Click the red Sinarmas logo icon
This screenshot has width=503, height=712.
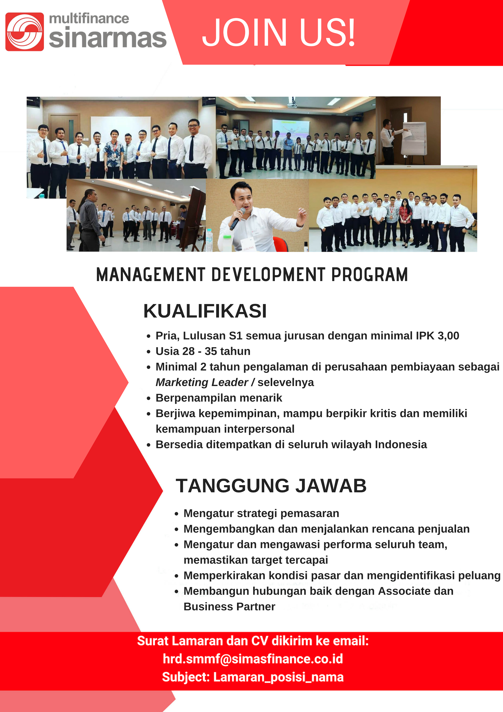point(24,32)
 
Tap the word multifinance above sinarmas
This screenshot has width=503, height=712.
point(89,19)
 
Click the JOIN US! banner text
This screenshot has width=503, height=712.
point(279,32)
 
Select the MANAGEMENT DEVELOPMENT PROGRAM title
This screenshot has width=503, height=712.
point(252,275)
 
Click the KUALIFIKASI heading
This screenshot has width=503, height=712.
point(205,311)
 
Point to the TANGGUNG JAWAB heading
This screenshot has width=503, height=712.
point(271,486)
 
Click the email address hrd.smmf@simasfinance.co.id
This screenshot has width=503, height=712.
point(253,659)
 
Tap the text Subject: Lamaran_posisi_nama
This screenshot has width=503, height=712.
point(253,677)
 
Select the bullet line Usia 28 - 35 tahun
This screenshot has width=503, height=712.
point(203,351)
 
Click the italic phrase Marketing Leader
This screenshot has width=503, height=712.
point(202,382)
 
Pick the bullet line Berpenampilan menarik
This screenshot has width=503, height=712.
point(219,398)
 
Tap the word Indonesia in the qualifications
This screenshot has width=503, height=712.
point(401,444)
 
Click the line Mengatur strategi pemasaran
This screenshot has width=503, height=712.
point(261,513)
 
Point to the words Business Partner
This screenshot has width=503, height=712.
point(229,606)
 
